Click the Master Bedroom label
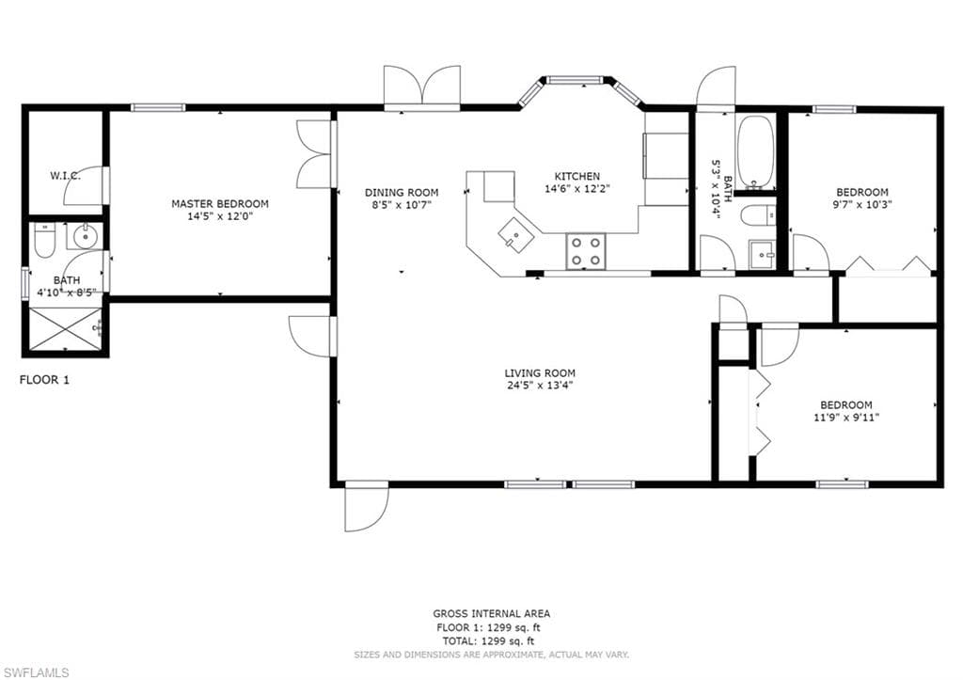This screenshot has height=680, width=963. (220, 203)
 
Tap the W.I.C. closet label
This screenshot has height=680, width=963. (65, 176)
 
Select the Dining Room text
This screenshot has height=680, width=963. (402, 192)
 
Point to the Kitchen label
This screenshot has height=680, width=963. (577, 176)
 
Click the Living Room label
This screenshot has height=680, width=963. (540, 372)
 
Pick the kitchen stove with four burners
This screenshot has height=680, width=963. (586, 251)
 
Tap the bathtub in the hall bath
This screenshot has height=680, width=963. (756, 151)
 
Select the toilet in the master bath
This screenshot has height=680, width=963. (45, 241)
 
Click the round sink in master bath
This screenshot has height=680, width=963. (84, 236)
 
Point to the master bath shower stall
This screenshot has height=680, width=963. (65, 329)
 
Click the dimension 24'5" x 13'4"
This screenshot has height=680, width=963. (540, 386)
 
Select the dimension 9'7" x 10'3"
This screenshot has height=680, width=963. (862, 204)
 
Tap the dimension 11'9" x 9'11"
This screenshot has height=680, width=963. (846, 418)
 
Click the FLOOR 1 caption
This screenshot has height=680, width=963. (44, 380)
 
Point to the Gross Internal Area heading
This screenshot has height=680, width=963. (491, 613)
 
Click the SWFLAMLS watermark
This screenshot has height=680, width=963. (36, 672)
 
